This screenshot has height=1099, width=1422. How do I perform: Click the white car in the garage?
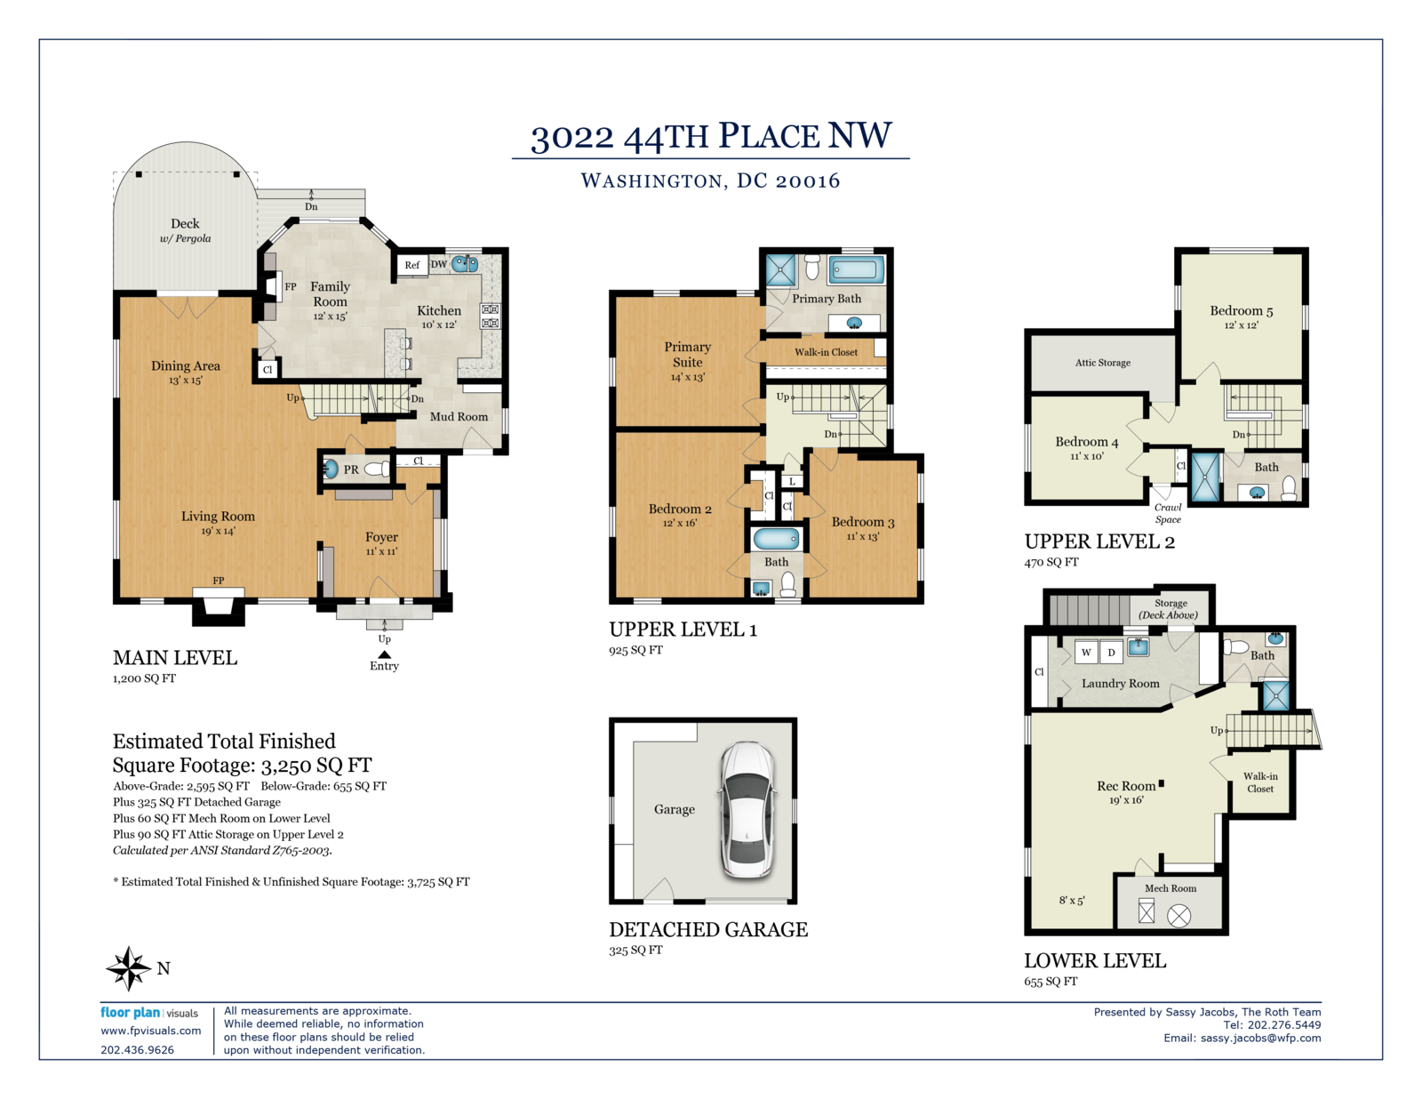[748, 810]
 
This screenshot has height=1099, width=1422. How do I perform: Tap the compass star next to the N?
[129, 968]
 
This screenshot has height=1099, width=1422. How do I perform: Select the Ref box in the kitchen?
[412, 265]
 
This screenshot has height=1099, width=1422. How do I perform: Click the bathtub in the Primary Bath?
[857, 269]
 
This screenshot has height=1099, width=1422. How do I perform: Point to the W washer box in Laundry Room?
[1086, 653]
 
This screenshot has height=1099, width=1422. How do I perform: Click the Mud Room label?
[459, 417]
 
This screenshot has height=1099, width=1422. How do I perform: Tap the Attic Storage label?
[1103, 363]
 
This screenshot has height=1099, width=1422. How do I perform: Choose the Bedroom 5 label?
[1242, 311]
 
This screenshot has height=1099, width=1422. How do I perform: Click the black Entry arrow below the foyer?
[385, 654]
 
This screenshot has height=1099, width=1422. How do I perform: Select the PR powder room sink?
[330, 469]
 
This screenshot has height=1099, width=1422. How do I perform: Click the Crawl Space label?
[1168, 513]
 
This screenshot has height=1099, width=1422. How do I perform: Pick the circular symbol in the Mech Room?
[1179, 916]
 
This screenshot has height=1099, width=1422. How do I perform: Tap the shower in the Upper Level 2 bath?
[1205, 477]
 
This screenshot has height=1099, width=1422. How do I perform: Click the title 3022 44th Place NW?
[711, 136]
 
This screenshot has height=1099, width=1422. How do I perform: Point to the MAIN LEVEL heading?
[175, 658]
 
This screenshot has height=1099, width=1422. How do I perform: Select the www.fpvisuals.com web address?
[150, 1031]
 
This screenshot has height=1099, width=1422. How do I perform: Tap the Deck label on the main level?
[185, 224]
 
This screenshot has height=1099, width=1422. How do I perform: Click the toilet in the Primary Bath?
[812, 266]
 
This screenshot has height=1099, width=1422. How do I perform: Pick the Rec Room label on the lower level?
[1126, 786]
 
